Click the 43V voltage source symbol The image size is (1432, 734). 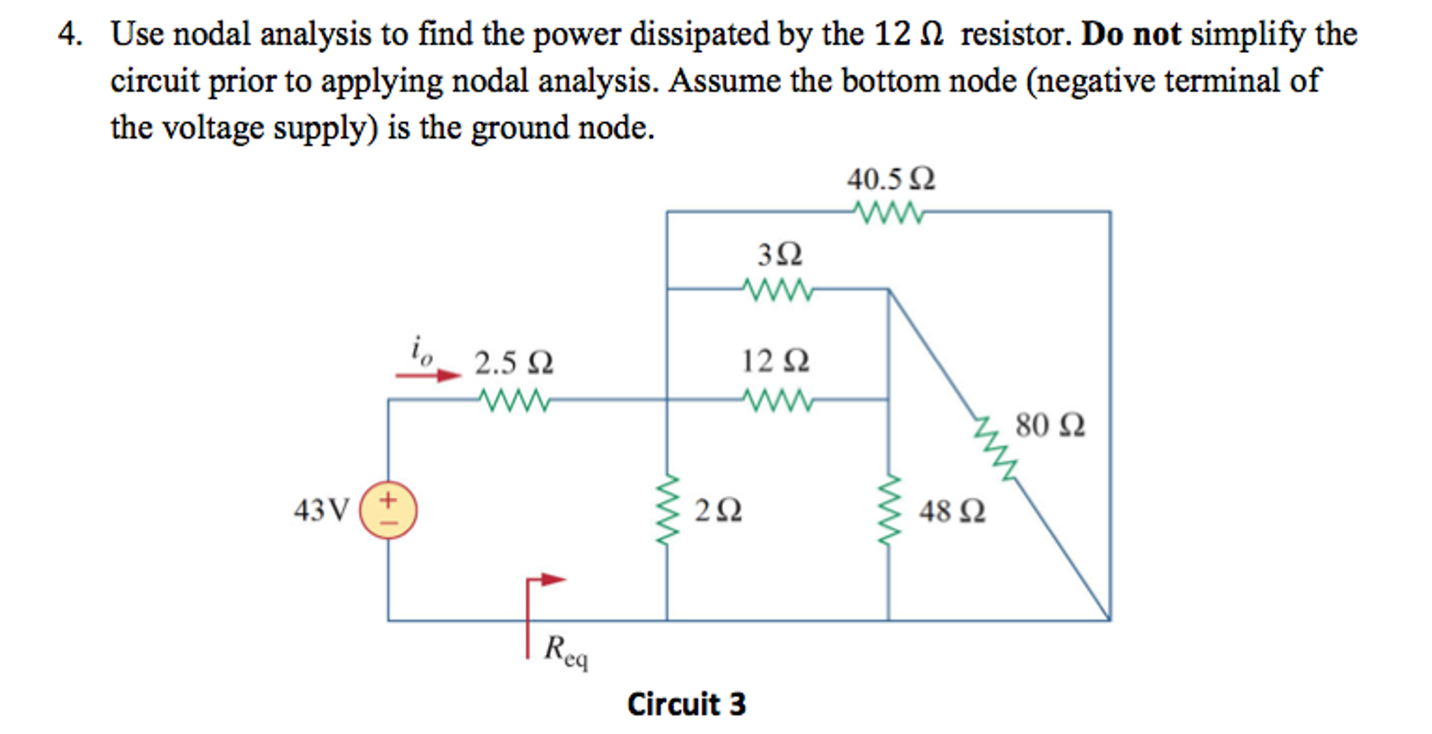coord(388,510)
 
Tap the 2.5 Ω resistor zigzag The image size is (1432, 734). coord(514,401)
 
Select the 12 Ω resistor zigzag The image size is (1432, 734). coord(777,401)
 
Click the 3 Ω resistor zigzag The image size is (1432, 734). coord(777,289)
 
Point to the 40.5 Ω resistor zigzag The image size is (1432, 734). coord(889,212)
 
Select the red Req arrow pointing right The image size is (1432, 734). coord(546,580)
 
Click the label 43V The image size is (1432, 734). coord(321,511)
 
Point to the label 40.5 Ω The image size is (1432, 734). coord(890,179)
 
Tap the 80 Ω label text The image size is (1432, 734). coord(1050,425)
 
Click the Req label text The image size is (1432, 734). coord(566,651)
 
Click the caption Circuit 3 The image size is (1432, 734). coord(686,704)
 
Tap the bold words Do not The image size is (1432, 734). coord(1130,34)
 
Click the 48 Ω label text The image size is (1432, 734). coord(952,511)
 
